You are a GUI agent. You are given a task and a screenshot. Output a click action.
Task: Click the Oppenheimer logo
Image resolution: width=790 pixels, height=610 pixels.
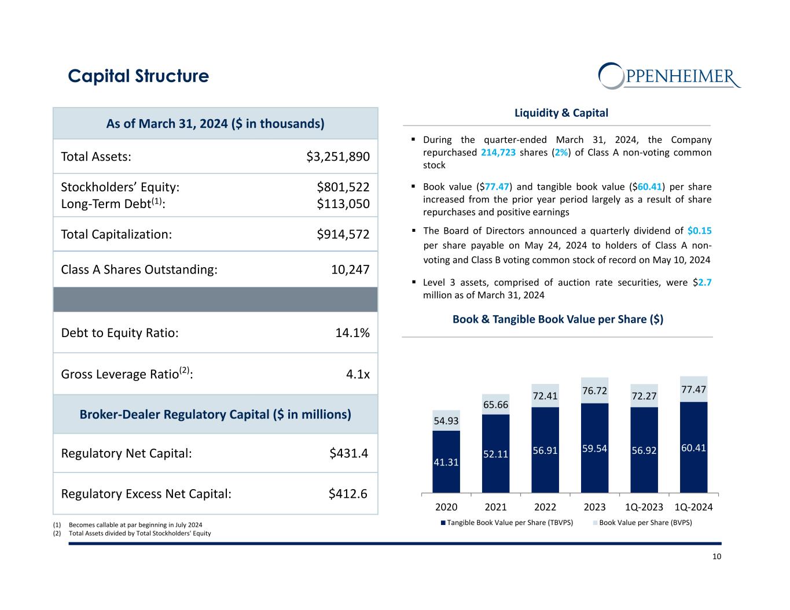tap(669, 76)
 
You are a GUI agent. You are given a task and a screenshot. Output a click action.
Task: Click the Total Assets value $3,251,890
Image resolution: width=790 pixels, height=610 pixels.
tap(337, 157)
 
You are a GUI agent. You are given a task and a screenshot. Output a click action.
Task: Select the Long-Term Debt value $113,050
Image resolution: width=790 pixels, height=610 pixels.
tap(343, 204)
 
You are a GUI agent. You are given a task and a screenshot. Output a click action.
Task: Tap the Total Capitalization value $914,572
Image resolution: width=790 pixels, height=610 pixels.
tap(343, 234)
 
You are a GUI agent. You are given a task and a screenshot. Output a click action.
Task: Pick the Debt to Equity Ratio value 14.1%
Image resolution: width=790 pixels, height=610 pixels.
tap(352, 333)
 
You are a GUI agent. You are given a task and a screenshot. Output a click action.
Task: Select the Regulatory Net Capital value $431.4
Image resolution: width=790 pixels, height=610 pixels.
tap(348, 453)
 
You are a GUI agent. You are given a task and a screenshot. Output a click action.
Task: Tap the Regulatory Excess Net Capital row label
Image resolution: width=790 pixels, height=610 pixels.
tap(146, 494)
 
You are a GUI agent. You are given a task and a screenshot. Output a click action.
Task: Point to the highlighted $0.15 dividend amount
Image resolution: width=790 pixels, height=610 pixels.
tap(700, 230)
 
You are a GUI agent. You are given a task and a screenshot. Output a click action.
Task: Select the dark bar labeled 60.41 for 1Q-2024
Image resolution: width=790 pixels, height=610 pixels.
tap(693, 448)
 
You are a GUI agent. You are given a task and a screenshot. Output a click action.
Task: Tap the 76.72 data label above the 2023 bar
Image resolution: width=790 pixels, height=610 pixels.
tap(595, 391)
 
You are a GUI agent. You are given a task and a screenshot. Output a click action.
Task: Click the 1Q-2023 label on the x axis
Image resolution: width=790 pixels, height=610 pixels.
tap(644, 507)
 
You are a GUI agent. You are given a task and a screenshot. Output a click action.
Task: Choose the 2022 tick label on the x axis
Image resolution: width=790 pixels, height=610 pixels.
tap(545, 507)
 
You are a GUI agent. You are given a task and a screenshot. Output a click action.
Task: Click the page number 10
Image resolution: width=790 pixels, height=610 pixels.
tap(716, 557)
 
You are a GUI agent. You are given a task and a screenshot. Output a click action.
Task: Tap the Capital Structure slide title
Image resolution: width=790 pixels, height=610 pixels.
tap(138, 76)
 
